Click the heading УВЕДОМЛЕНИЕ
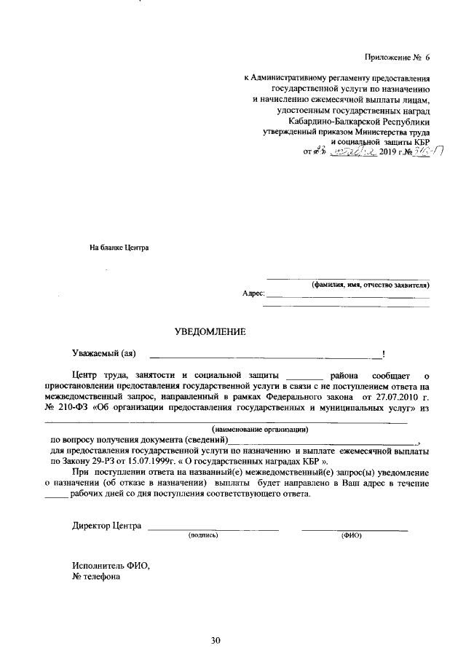point(210,332)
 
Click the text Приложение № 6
point(398,58)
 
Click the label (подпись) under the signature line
point(203,535)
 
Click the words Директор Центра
point(106,526)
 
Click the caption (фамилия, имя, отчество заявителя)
point(369,285)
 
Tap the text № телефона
point(97,577)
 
